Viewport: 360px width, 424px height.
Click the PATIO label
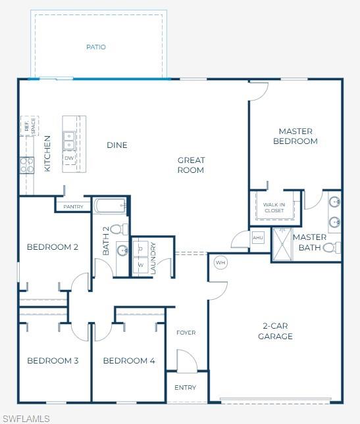(x=96, y=47)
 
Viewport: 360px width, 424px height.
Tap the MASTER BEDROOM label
(x=295, y=136)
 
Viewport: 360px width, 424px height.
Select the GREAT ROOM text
(x=191, y=165)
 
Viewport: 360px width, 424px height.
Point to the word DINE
(x=117, y=145)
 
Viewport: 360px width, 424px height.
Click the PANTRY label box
(x=73, y=206)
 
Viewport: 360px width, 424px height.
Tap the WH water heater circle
(x=220, y=263)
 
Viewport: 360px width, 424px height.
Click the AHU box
(x=258, y=237)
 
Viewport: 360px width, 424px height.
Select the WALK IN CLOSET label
(x=274, y=208)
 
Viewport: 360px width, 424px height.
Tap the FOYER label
(x=186, y=333)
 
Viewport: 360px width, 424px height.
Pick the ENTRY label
(x=186, y=388)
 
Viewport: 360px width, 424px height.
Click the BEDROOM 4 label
(x=129, y=361)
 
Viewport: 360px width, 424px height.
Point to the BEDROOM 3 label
(x=53, y=361)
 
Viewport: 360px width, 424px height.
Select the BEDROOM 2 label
(x=53, y=247)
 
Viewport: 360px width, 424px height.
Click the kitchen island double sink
(x=69, y=140)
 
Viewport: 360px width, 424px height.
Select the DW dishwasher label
(x=69, y=158)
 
